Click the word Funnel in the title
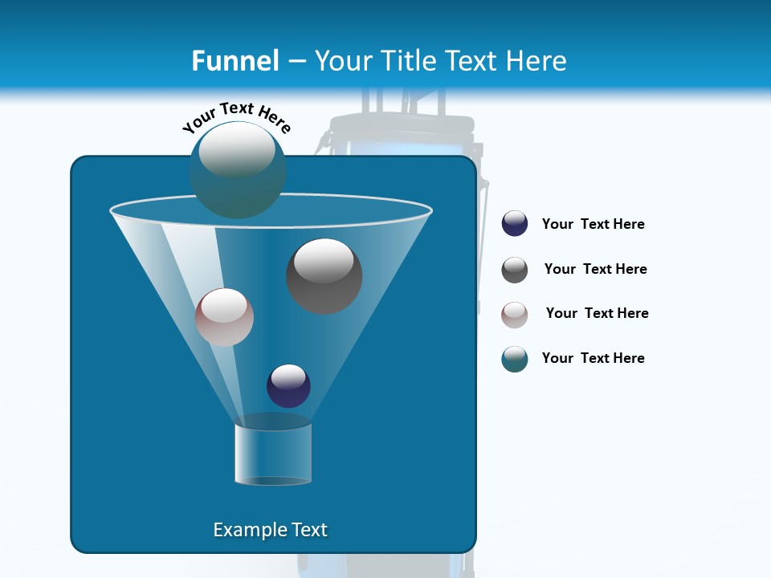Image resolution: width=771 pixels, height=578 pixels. pyautogui.click(x=235, y=60)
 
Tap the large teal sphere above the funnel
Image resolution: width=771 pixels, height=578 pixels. pyautogui.click(x=237, y=170)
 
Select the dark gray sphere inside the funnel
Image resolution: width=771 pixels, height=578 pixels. pyautogui.click(x=324, y=276)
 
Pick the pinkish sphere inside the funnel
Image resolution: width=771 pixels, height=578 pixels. pyautogui.click(x=224, y=317)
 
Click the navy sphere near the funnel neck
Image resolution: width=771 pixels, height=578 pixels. pyautogui.click(x=288, y=385)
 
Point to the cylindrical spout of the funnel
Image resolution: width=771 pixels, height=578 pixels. pyautogui.click(x=273, y=454)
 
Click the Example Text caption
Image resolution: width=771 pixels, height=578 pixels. pyautogui.click(x=270, y=530)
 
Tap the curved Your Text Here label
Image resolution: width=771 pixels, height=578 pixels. pyautogui.click(x=237, y=117)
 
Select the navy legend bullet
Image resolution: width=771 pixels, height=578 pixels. pyautogui.click(x=515, y=224)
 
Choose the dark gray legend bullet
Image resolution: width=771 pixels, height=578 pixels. pyautogui.click(x=515, y=270)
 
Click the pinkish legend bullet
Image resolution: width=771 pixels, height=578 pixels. pyautogui.click(x=515, y=315)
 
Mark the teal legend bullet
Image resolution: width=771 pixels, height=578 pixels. pyautogui.click(x=515, y=359)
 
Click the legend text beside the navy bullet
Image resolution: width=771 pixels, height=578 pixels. pyautogui.click(x=593, y=225)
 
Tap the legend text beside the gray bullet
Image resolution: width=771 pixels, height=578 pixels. pyautogui.click(x=595, y=270)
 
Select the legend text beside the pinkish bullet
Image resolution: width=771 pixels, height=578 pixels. pyautogui.click(x=597, y=314)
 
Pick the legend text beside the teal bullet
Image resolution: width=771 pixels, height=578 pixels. pyautogui.click(x=593, y=358)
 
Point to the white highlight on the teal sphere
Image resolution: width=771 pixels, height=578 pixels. pyautogui.click(x=237, y=151)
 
